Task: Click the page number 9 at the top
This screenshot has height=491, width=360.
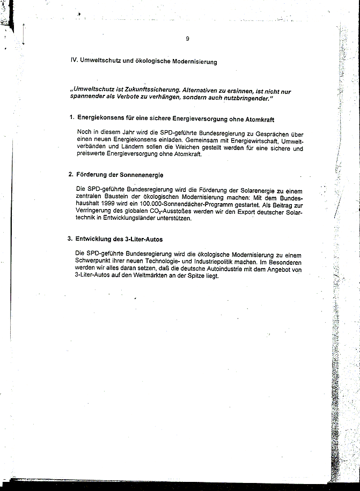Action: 187,38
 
